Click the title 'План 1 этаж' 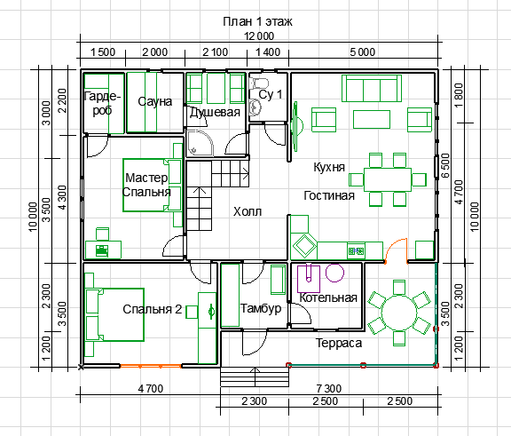tap(257, 21)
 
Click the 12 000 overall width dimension tap(259, 36)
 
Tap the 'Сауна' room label tap(154, 101)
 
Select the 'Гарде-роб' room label tap(102, 103)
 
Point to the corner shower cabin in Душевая tap(200, 143)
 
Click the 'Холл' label tap(248, 211)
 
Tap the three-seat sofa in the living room tap(372, 89)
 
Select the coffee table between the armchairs tap(372, 119)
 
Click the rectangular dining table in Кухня tap(388, 179)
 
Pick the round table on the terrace tap(399, 313)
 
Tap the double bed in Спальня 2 tap(114, 315)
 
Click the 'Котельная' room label tap(328, 297)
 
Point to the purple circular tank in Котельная tap(334, 273)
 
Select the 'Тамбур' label tap(261, 308)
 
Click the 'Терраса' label tap(339, 343)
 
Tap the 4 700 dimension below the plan tap(151, 389)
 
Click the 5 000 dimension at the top tap(362, 52)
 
